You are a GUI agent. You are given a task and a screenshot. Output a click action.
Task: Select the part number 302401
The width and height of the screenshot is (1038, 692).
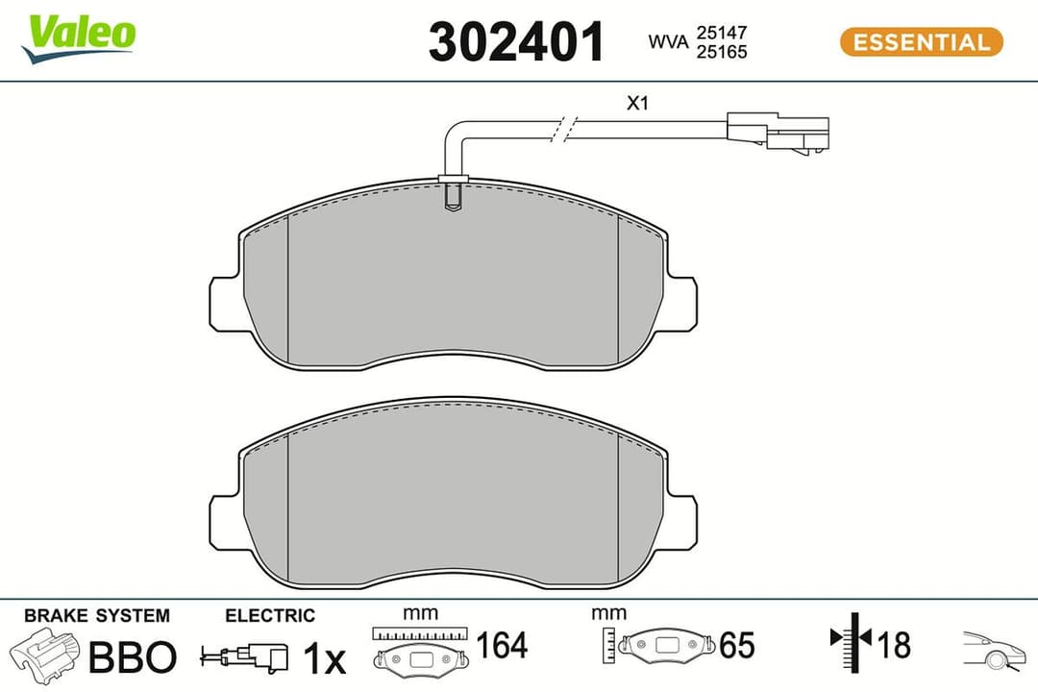[516, 42]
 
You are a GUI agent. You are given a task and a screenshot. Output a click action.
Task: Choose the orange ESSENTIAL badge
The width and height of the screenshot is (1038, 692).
[921, 42]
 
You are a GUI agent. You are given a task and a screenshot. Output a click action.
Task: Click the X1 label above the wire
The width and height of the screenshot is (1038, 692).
[638, 104]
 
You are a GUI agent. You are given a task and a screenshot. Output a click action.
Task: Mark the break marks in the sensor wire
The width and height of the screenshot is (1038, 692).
[565, 131]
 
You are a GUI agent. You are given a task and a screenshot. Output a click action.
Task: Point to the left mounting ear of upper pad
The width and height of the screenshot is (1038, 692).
[224, 304]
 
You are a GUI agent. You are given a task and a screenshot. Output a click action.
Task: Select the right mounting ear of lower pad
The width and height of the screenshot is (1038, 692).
[680, 521]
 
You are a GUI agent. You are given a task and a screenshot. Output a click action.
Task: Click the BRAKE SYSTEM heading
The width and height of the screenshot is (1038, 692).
[96, 615]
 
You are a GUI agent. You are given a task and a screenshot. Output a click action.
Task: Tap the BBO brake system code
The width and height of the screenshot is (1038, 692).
[133, 657]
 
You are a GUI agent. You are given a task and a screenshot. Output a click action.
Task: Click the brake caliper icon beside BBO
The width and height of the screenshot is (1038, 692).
[45, 657]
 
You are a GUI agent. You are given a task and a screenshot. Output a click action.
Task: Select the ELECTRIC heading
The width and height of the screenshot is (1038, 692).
[269, 615]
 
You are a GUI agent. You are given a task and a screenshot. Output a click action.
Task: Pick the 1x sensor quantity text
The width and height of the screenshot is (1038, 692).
[323, 658]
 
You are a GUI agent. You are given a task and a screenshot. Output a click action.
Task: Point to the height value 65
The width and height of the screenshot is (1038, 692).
[736, 646]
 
